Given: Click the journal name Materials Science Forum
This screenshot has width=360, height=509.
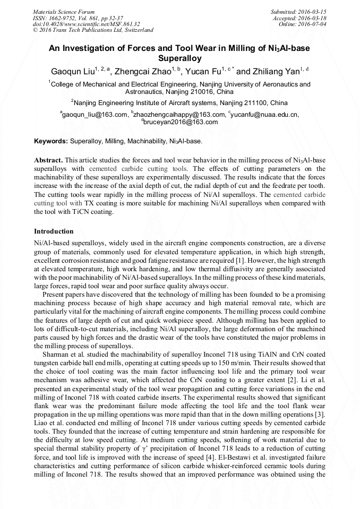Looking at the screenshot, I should click(64, 12).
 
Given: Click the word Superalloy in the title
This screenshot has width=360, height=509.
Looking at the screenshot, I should click(180, 58).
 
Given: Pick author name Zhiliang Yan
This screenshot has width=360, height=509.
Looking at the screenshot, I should click(276, 71).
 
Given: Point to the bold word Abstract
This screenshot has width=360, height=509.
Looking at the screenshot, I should click(48, 160).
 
